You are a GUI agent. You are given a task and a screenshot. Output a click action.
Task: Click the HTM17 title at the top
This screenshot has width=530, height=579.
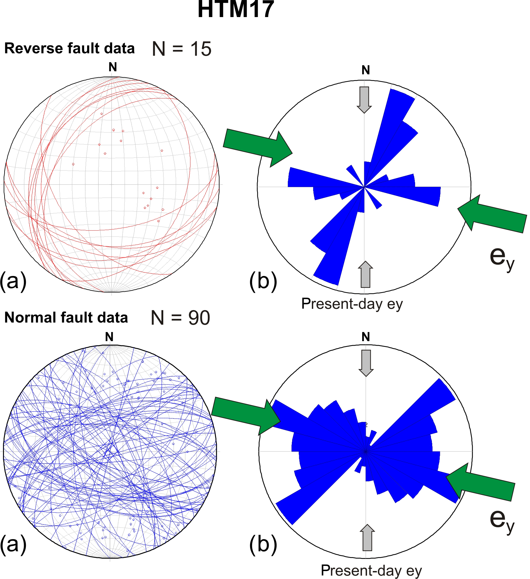[x=236, y=10]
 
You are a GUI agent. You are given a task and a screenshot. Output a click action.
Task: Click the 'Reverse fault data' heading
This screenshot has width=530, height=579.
[x=69, y=48]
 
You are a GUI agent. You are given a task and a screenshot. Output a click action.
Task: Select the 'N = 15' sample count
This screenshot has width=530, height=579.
[x=182, y=49]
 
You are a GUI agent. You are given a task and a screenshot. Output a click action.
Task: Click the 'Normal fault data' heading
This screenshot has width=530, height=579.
[x=66, y=318]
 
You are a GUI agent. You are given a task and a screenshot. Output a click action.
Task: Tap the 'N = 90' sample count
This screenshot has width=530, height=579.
[x=180, y=318]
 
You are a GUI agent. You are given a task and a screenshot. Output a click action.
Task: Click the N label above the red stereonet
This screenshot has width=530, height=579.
[x=113, y=67]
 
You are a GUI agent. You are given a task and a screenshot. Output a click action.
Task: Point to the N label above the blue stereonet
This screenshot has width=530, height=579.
[x=109, y=337]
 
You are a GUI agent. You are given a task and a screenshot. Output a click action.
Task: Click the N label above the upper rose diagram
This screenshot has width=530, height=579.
[x=366, y=70]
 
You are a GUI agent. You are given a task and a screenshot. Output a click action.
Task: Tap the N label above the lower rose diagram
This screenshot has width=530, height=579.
[x=366, y=337]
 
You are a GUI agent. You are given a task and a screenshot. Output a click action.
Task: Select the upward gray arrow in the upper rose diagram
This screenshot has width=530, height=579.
[x=365, y=274]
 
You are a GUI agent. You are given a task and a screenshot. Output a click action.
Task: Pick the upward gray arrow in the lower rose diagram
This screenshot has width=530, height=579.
[x=367, y=538]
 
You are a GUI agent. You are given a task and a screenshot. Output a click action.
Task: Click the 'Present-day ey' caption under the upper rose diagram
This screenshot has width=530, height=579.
[x=352, y=304]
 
